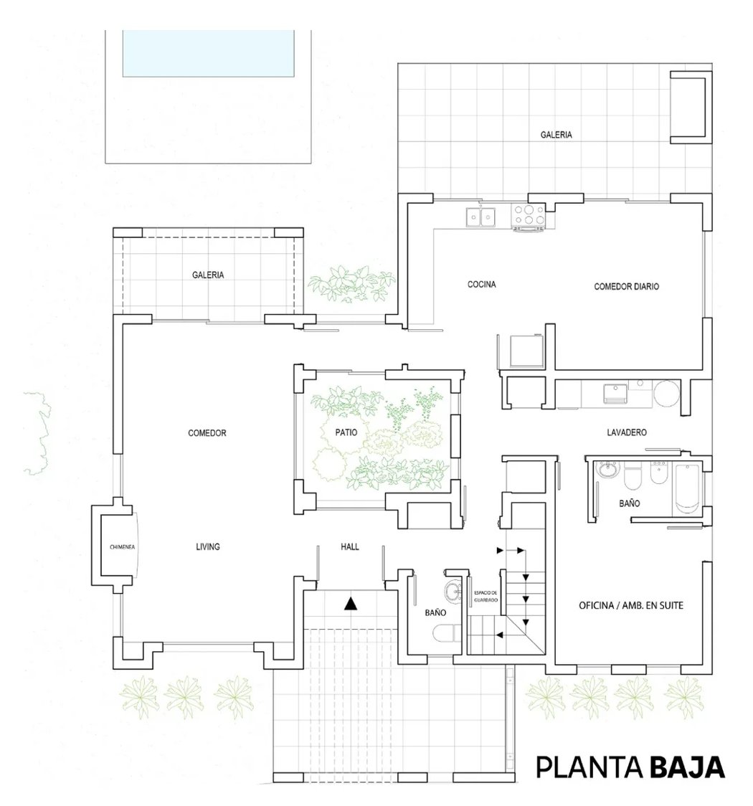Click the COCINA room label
482,284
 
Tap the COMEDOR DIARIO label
627,286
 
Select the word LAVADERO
627,432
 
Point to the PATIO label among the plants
346,432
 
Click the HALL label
349,546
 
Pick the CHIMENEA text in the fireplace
123,547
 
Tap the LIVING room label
208,546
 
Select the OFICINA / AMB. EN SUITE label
631,605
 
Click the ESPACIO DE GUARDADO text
486,597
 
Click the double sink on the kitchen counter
481,217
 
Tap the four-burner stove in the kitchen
529,216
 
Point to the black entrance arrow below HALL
351,604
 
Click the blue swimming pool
208,54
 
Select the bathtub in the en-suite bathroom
686,488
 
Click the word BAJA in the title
687,767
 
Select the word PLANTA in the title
589,767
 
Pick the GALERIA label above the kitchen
556,135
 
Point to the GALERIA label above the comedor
208,275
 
